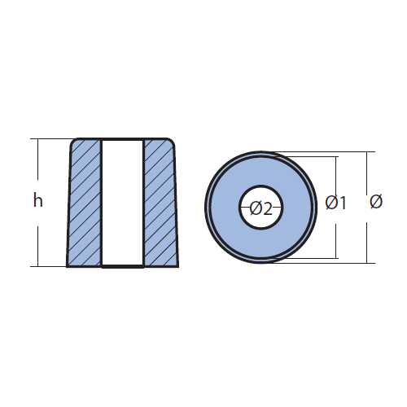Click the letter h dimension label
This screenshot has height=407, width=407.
pyautogui.click(x=38, y=200)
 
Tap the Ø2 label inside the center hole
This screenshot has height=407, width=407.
pyautogui.click(x=260, y=208)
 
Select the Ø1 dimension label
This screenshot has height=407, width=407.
pyautogui.click(x=336, y=203)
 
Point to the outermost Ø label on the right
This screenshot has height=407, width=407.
pyautogui.click(x=376, y=202)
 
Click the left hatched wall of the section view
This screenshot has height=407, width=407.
pyautogui.click(x=85, y=203)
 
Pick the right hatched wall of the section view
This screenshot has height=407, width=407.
pyautogui.click(x=160, y=203)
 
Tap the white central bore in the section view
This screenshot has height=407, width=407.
pyautogui.click(x=122, y=203)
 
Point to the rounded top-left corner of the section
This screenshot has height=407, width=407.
pyautogui.click(x=72, y=141)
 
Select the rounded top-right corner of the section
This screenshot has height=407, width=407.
pyautogui.click(x=171, y=141)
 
